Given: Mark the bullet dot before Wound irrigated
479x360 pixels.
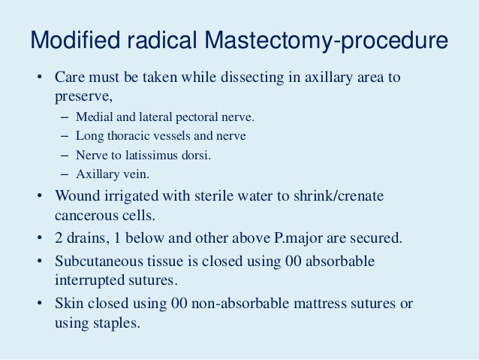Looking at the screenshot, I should click(39, 197).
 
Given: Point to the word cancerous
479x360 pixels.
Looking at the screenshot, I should click(84, 216).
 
